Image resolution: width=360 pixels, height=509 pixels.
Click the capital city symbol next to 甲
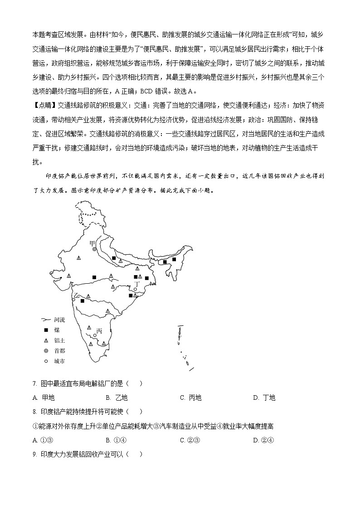click(x=94, y=249)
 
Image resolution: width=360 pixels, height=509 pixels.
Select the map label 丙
click(x=99, y=331)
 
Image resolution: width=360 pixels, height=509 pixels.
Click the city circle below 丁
click(x=135, y=289)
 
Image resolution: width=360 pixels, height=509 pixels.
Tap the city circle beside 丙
click(x=95, y=336)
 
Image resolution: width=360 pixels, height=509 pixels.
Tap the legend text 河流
click(x=60, y=320)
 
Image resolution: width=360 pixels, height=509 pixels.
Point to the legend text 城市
click(x=60, y=361)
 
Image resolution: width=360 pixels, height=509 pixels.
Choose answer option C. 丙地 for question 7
click(x=190, y=398)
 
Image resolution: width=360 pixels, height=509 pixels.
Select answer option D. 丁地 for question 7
click(x=264, y=398)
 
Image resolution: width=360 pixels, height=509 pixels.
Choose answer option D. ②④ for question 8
click(x=263, y=440)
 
